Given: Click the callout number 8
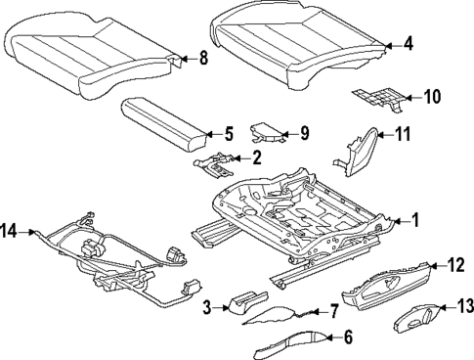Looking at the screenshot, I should click(203, 58).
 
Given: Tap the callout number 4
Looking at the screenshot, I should click(409, 43).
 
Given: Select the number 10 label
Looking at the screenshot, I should click(431, 96).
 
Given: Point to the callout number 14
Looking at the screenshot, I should click(10, 231).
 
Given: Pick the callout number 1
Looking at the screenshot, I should click(414, 221).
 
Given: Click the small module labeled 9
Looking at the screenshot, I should click(267, 134).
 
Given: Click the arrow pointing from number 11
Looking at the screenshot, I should click(386, 135).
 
